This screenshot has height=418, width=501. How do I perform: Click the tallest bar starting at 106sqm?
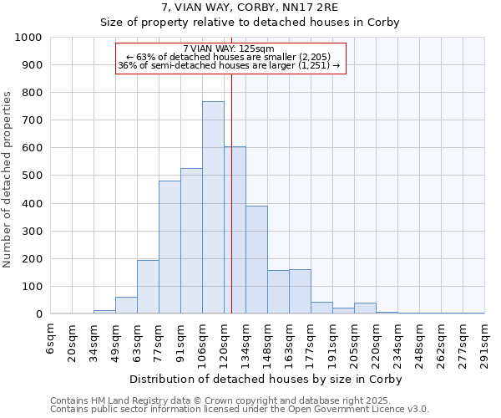(213, 207)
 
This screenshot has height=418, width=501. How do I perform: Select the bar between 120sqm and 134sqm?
(235, 230)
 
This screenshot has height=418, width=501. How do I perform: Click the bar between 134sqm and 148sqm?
(256, 259)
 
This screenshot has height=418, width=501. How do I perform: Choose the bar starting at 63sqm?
(148, 287)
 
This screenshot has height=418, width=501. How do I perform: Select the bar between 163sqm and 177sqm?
(300, 291)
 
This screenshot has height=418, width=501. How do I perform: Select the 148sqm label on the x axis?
(267, 343)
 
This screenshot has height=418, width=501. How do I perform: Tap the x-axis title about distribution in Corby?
(266, 379)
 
